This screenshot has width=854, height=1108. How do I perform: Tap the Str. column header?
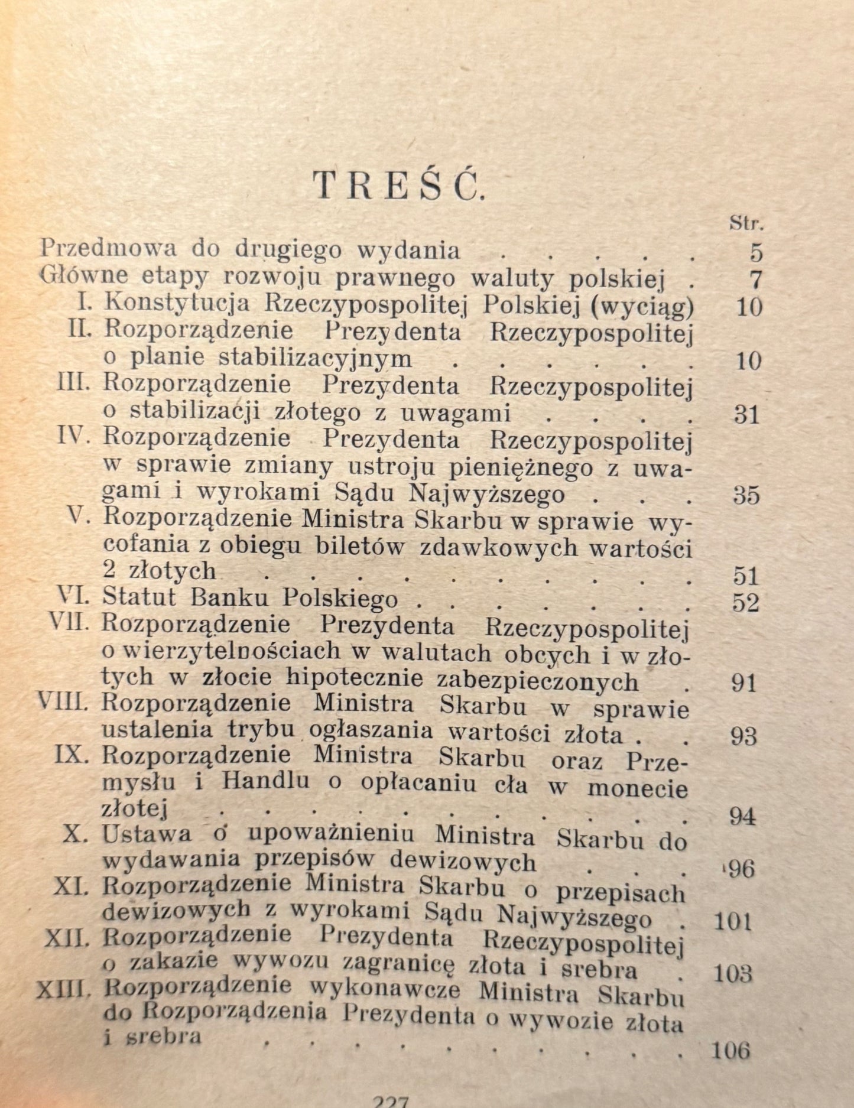(x=746, y=224)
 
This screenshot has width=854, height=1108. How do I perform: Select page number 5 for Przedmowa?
(x=756, y=252)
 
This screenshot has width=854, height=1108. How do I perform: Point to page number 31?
(x=746, y=414)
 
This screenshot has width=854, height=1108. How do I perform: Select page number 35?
(x=746, y=495)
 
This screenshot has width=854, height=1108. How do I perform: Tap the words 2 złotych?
(x=159, y=571)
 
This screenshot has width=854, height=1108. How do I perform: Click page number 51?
(x=746, y=576)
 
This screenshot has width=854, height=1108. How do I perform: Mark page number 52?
(x=745, y=603)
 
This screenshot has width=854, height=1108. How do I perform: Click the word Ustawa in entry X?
(x=147, y=834)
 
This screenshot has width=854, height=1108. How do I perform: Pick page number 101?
(x=733, y=921)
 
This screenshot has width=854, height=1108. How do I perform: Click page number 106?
(x=731, y=1050)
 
